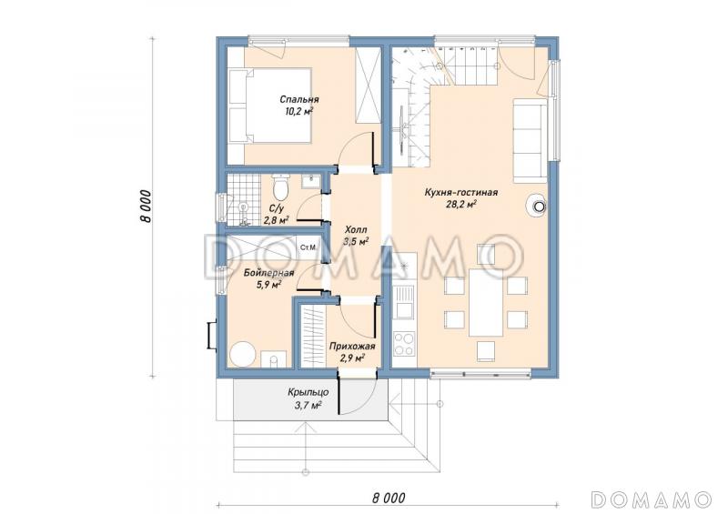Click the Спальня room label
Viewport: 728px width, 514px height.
coord(299,99)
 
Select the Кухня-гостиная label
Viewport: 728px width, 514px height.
coord(461,192)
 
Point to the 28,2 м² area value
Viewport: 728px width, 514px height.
coord(461,205)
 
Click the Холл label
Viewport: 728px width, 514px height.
coord(356,229)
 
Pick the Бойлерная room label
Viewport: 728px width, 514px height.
coord(268,273)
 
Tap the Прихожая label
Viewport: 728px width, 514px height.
coord(352,346)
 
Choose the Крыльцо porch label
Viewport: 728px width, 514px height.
coord(308,392)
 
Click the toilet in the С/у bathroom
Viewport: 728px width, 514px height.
coord(280,186)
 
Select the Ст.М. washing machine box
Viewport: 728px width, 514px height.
coord(308,247)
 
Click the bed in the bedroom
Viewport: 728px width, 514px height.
coord(269,106)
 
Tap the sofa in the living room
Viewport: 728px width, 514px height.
coord(530,140)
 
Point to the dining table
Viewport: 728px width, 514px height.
coord(486,302)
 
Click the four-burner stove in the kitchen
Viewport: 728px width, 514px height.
coord(403,344)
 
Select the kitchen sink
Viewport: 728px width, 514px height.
coord(403,301)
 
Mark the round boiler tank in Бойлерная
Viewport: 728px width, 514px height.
coord(243,354)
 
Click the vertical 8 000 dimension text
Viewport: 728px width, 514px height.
coord(146,207)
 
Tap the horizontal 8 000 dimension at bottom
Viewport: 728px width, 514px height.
coord(389,499)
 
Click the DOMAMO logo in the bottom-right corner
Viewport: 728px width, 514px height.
coord(652,499)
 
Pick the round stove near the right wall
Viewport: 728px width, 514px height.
coord(537,205)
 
